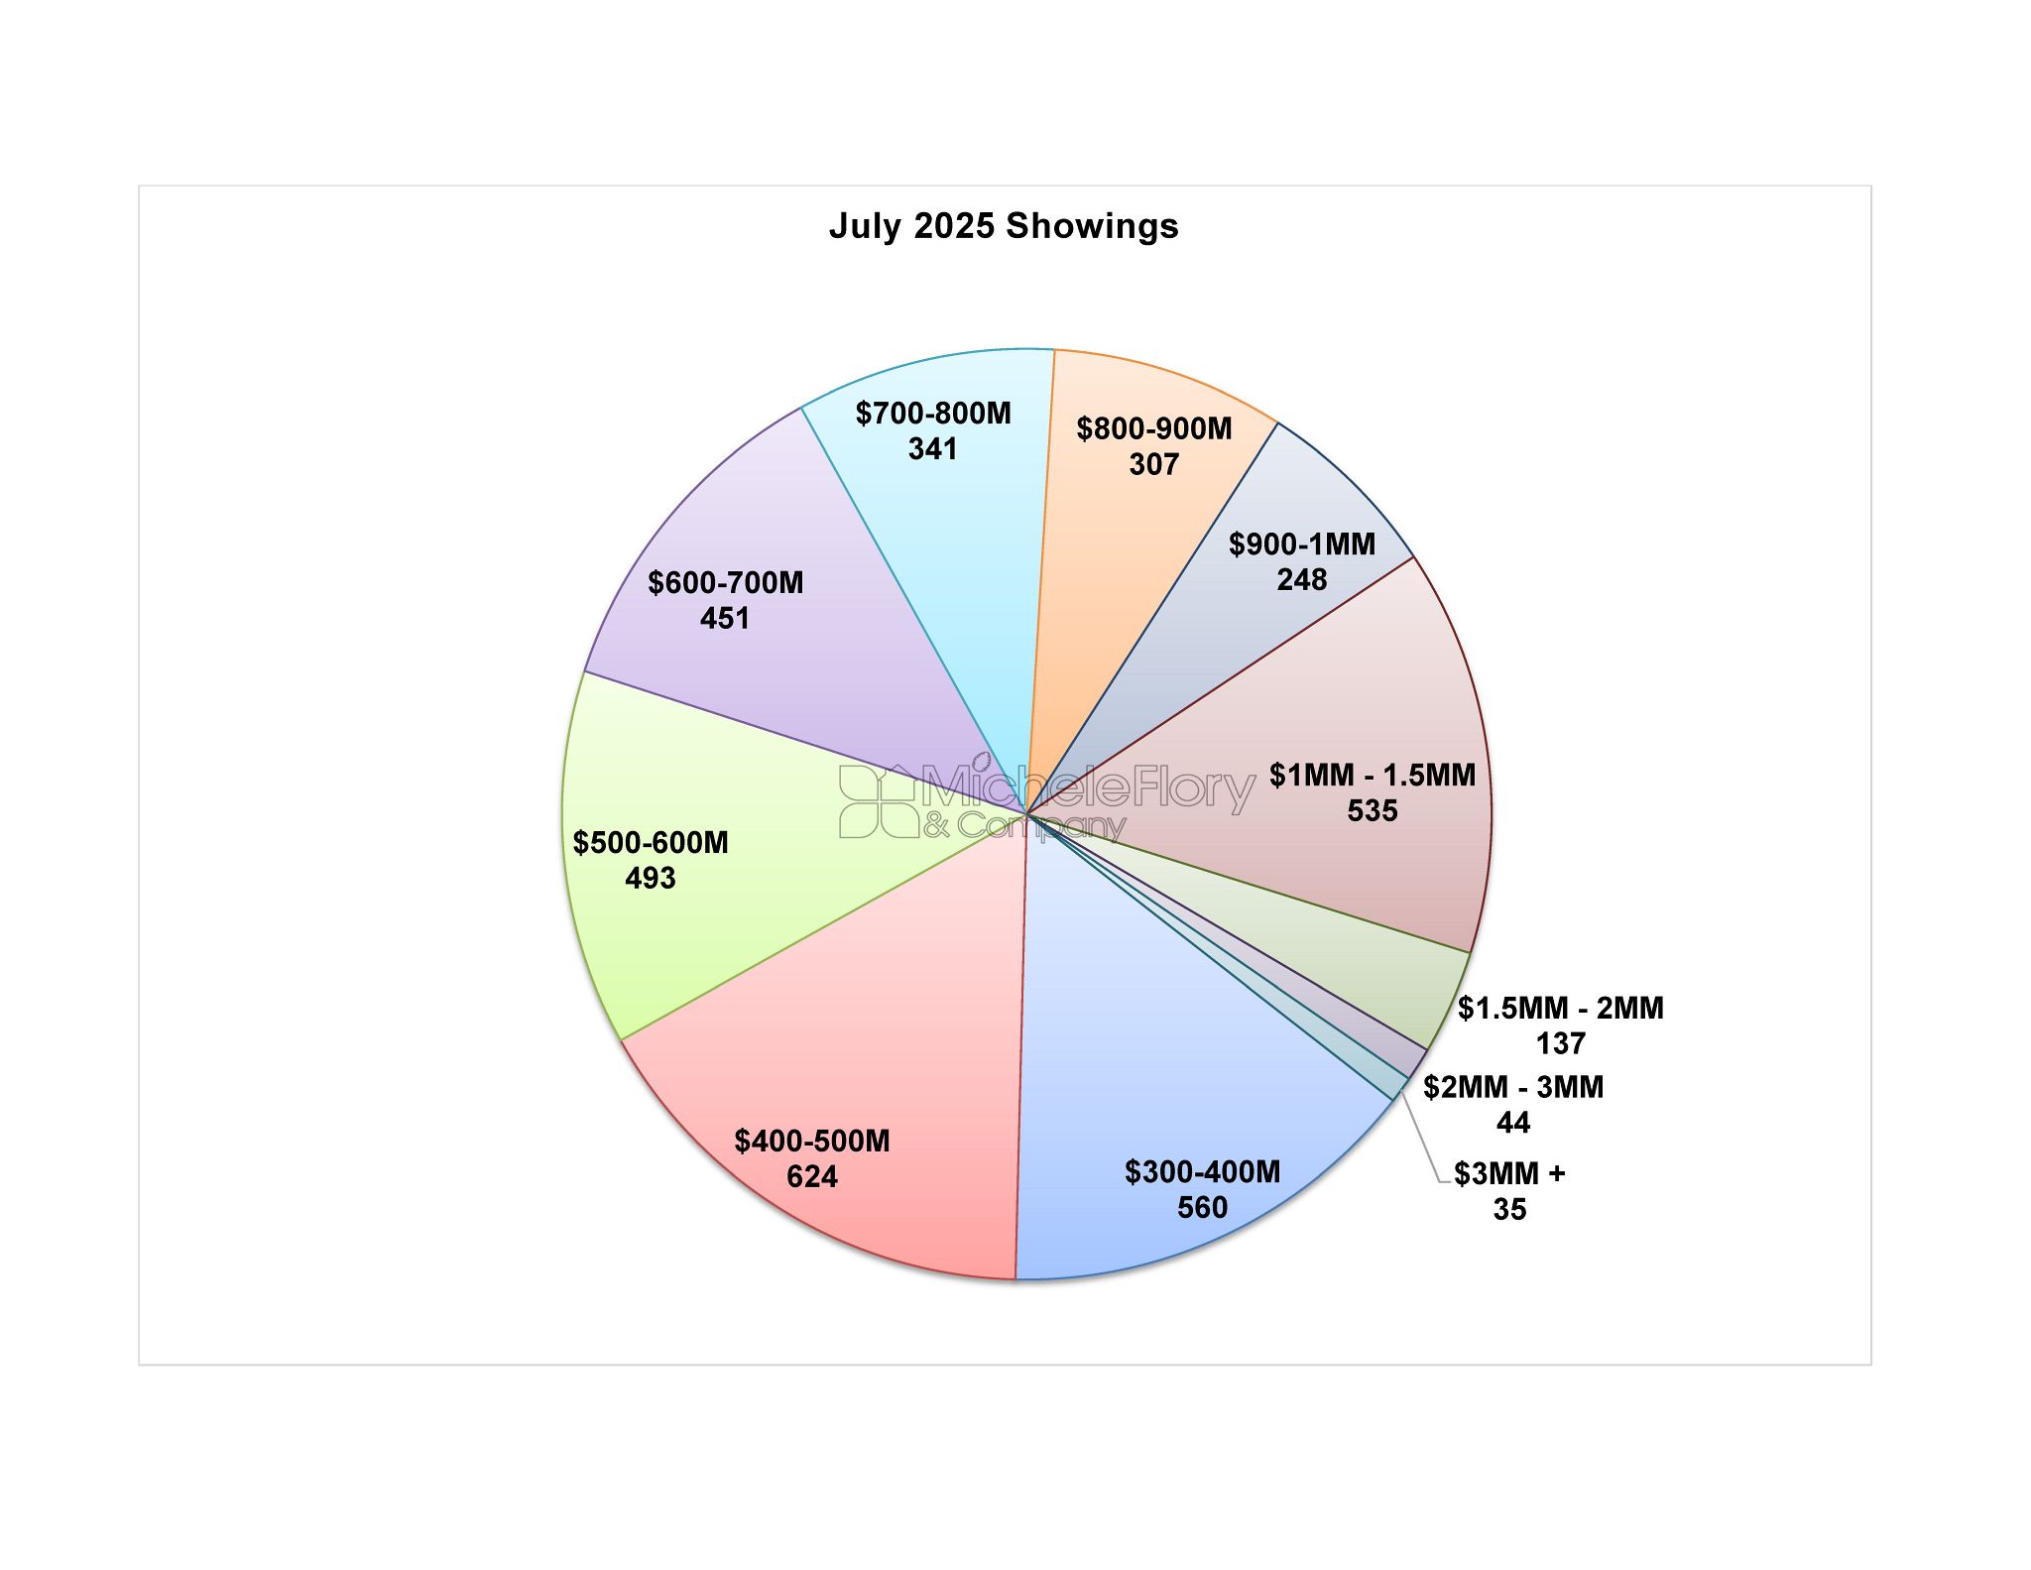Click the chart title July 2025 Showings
pos(1004,226)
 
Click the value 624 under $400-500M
pos(812,1176)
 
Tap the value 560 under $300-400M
pos(1203,1207)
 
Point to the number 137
pos(1561,1043)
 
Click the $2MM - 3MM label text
pos(1513,1087)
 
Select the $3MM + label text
pos(1509,1173)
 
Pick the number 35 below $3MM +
pos(1509,1209)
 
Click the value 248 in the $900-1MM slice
pos(1302,579)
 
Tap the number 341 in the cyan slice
pos(933,448)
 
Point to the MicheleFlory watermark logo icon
pos(879,801)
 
